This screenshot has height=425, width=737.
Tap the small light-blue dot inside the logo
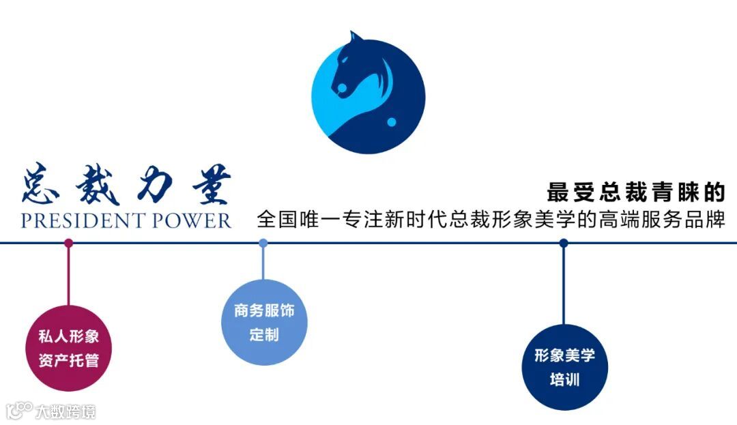(x=392, y=122)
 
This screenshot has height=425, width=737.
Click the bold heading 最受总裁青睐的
(x=635, y=192)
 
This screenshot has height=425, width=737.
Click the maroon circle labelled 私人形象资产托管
(x=68, y=349)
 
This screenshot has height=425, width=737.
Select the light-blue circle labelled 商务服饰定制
(x=264, y=323)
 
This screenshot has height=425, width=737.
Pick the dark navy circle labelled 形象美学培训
(x=564, y=367)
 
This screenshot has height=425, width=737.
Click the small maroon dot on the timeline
(x=68, y=243)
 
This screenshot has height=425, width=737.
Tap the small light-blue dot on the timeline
(x=263, y=243)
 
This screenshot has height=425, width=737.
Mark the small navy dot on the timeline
(x=564, y=243)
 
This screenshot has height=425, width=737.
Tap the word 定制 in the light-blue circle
(x=264, y=336)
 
